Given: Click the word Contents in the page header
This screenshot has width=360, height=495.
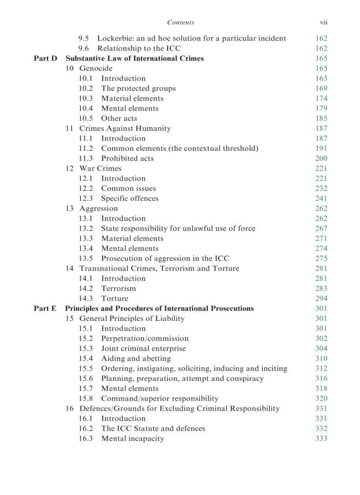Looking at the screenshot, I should [180, 22].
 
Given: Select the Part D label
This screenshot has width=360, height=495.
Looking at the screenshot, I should [45, 58].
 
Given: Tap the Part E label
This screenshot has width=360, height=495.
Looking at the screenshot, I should [45, 309].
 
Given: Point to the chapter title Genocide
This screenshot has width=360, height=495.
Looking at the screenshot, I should [96, 68].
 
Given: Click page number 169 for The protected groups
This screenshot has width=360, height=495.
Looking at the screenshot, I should [321, 88].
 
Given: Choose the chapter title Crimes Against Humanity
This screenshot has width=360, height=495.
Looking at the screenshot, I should [125, 128].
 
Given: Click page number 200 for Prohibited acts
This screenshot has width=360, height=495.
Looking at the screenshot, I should [321, 158].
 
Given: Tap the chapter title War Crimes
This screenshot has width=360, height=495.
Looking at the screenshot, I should [100, 168].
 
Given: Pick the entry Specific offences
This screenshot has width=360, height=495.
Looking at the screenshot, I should [129, 198].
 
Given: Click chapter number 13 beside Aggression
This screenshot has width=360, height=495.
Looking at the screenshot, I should [70, 208].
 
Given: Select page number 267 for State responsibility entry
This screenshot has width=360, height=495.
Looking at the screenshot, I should [321, 228].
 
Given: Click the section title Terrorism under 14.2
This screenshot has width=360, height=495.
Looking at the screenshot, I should [118, 288].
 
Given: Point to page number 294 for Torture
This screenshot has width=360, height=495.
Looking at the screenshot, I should [321, 298].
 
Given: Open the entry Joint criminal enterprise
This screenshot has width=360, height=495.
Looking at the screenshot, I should [143, 348].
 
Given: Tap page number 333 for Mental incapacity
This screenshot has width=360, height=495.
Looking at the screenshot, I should [321, 439].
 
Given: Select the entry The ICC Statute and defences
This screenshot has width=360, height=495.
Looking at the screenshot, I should [153, 428].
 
